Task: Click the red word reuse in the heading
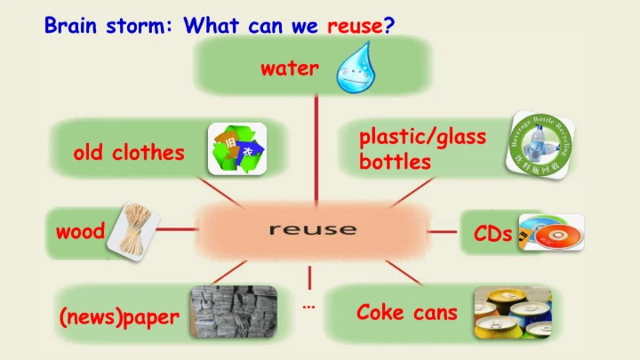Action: [355, 26]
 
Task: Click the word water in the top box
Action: [289, 68]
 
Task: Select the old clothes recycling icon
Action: [236, 148]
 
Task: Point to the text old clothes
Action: [129, 153]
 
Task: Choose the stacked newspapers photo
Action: [234, 312]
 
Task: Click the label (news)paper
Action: [119, 317]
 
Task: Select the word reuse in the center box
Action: [312, 229]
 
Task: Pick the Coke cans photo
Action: [510, 313]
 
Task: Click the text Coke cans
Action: [406, 312]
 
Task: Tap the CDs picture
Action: [553, 232]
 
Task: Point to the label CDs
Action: [492, 235]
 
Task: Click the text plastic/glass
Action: [422, 138]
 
